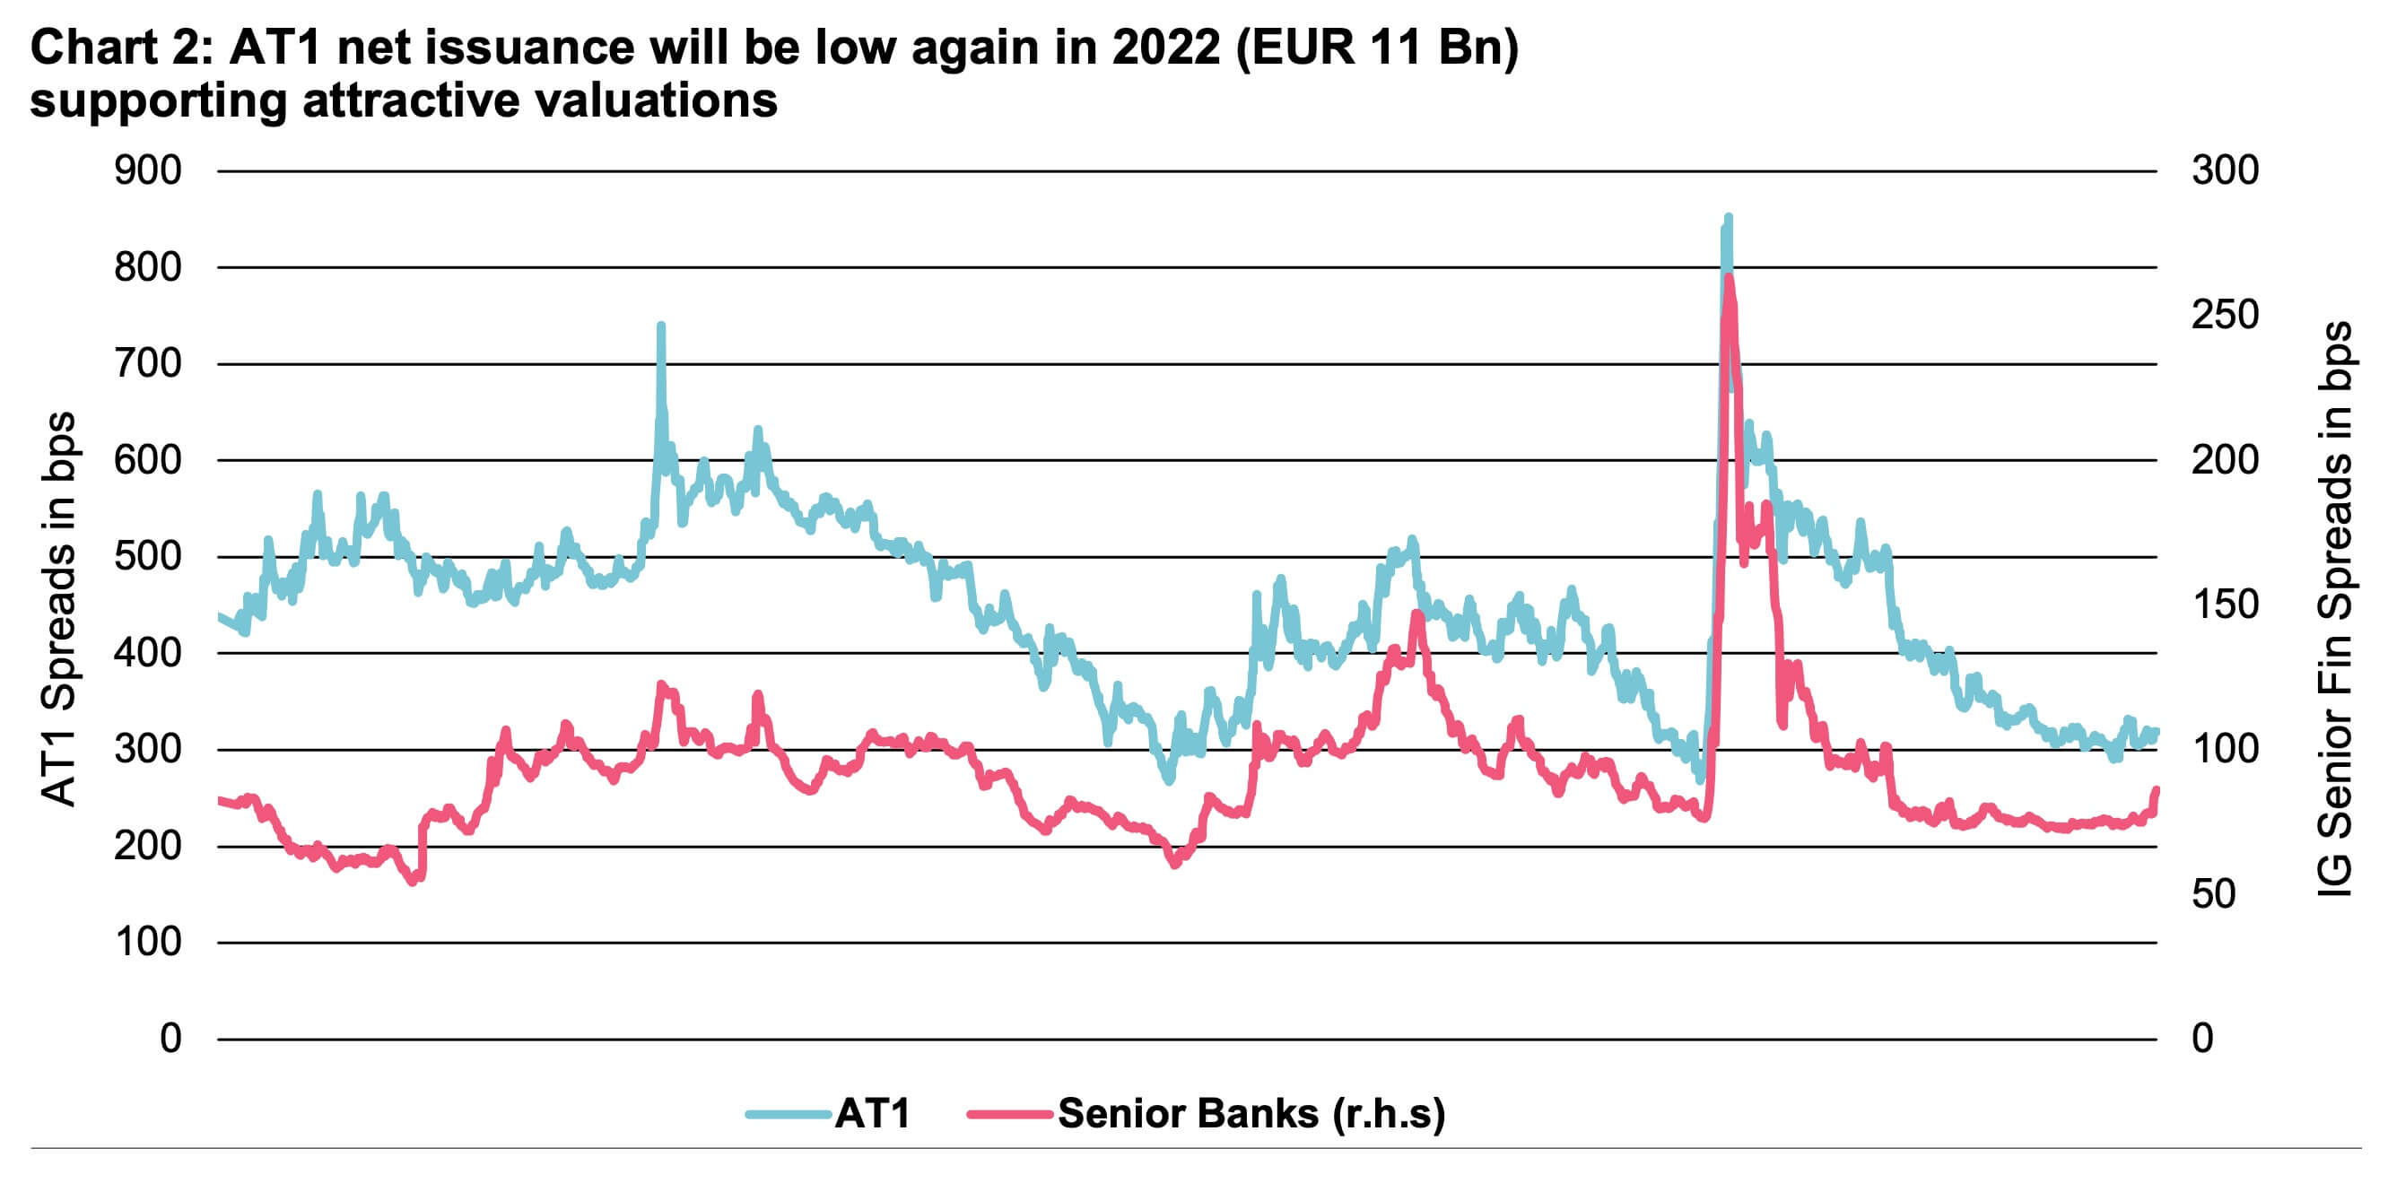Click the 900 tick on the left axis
tap(147, 170)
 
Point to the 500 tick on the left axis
tap(147, 556)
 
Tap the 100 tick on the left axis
tap(147, 942)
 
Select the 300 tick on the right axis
tap(2225, 170)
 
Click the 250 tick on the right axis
tap(2225, 315)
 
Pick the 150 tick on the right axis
tap(2225, 605)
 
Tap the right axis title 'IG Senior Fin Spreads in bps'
tap(2334, 608)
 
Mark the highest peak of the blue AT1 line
tap(1728, 218)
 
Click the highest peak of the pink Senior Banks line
tap(1729, 278)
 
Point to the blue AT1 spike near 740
tap(661, 326)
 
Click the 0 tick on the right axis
tap(2202, 1038)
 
